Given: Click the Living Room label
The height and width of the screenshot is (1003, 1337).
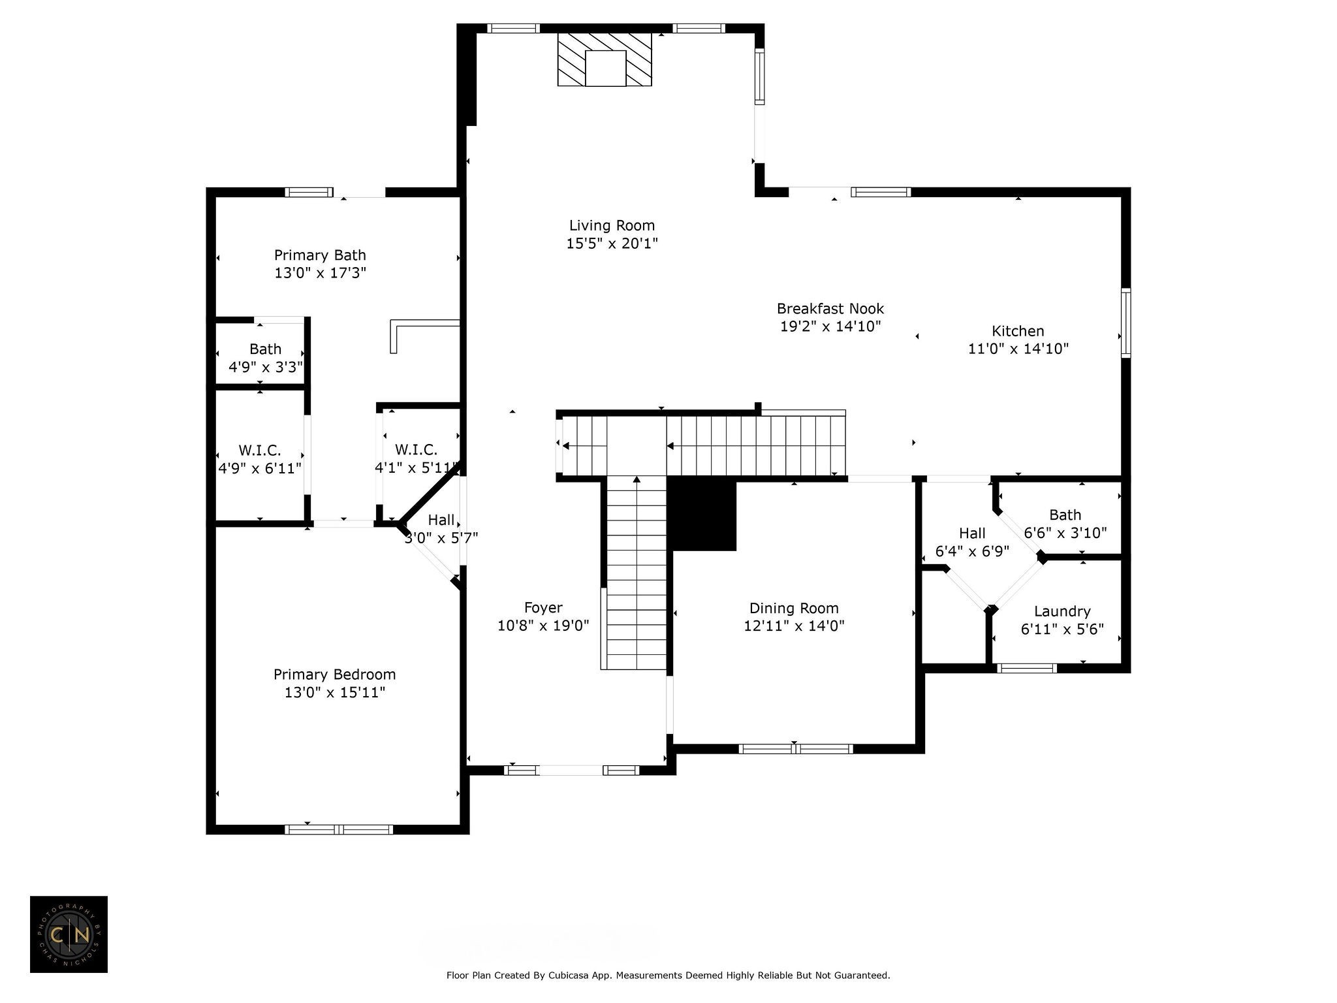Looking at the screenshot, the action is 612,226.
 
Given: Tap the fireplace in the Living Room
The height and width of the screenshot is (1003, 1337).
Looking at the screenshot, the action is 605,59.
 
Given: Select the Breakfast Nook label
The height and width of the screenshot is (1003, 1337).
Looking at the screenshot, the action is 830,309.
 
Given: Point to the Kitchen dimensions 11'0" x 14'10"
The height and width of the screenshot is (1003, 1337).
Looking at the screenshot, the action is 1018,349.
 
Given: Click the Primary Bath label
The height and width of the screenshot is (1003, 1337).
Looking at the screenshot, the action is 320,255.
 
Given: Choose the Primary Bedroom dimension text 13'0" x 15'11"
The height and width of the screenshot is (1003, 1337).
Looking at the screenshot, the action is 335,692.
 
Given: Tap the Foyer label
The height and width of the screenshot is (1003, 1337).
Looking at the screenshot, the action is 543,608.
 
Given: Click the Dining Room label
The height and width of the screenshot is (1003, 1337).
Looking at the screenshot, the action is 794,609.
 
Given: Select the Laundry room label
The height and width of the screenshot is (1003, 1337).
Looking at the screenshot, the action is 1062,611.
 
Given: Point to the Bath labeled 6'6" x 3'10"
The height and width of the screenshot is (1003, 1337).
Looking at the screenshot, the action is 1065,515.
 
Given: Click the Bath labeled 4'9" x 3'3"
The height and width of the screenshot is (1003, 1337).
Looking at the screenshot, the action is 265,349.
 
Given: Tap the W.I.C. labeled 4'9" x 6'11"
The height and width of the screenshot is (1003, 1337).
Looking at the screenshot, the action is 260,451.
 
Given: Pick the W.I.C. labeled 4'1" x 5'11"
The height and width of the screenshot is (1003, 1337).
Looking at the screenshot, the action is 416,450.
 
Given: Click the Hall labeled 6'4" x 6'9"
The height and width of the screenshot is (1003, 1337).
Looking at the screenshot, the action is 972,533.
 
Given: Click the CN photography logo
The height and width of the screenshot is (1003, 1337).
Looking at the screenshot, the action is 69,934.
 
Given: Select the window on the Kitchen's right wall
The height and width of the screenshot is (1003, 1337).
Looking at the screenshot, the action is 1125,323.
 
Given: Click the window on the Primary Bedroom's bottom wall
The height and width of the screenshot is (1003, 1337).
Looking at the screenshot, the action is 338,829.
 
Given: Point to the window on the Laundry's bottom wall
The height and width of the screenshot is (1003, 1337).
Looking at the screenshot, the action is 1027,668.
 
